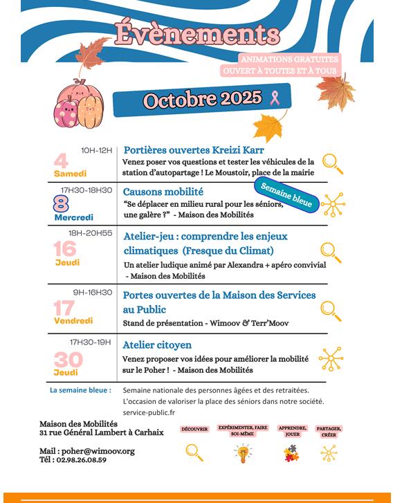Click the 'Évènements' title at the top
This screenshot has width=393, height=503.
pyautogui.click(x=197, y=34)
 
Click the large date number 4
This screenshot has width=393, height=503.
pyautogui.click(x=62, y=161)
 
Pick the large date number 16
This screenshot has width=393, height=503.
pyautogui.click(x=65, y=248)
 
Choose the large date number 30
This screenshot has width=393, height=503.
pyautogui.click(x=68, y=359)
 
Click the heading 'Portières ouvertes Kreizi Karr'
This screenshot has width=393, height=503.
pyautogui.click(x=193, y=150)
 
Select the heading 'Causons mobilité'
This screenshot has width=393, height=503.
pyautogui.click(x=163, y=192)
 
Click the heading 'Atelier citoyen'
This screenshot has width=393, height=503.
pyautogui.click(x=157, y=345)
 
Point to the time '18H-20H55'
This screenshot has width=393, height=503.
pyautogui.click(x=90, y=233)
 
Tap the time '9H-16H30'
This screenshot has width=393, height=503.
pyautogui.click(x=92, y=292)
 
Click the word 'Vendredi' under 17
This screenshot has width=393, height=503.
pyautogui.click(x=73, y=320)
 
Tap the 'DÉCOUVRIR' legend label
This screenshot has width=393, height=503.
pyautogui.click(x=194, y=430)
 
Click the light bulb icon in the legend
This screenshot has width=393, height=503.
pyautogui.click(x=241, y=453)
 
